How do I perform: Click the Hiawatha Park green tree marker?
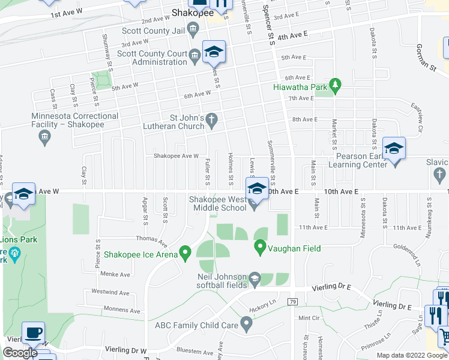point(336,86)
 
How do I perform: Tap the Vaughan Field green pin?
point(260,246)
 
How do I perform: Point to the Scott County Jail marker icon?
point(193,28)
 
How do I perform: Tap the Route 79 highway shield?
point(293,301)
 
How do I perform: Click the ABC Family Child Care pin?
point(246,325)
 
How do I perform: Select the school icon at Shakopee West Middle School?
point(256,188)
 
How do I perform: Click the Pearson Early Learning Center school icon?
point(394,148)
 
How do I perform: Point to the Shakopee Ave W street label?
point(176,156)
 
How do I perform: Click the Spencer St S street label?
point(271,25)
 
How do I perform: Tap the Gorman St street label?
point(426,56)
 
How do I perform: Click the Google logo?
point(20,353)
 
